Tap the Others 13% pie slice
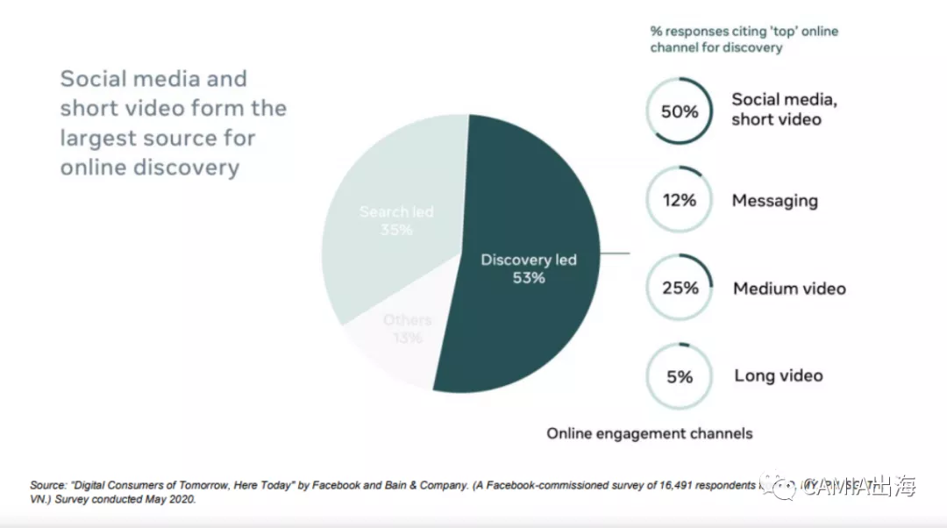pyautogui.click(x=399, y=346)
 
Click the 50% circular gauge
pyautogui.click(x=680, y=111)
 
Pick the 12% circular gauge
pyautogui.click(x=680, y=200)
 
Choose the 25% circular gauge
pyautogui.click(x=680, y=288)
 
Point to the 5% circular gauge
pyautogui.click(x=680, y=376)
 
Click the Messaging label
pyautogui.click(x=774, y=201)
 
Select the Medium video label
pyautogui.click(x=789, y=289)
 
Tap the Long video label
pyautogui.click(x=779, y=376)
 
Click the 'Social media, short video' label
pyautogui.click(x=784, y=110)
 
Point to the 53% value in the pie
pyautogui.click(x=529, y=278)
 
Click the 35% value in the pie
pyautogui.click(x=396, y=230)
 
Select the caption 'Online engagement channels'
pyautogui.click(x=649, y=433)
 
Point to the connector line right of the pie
pyautogui.click(x=616, y=254)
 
